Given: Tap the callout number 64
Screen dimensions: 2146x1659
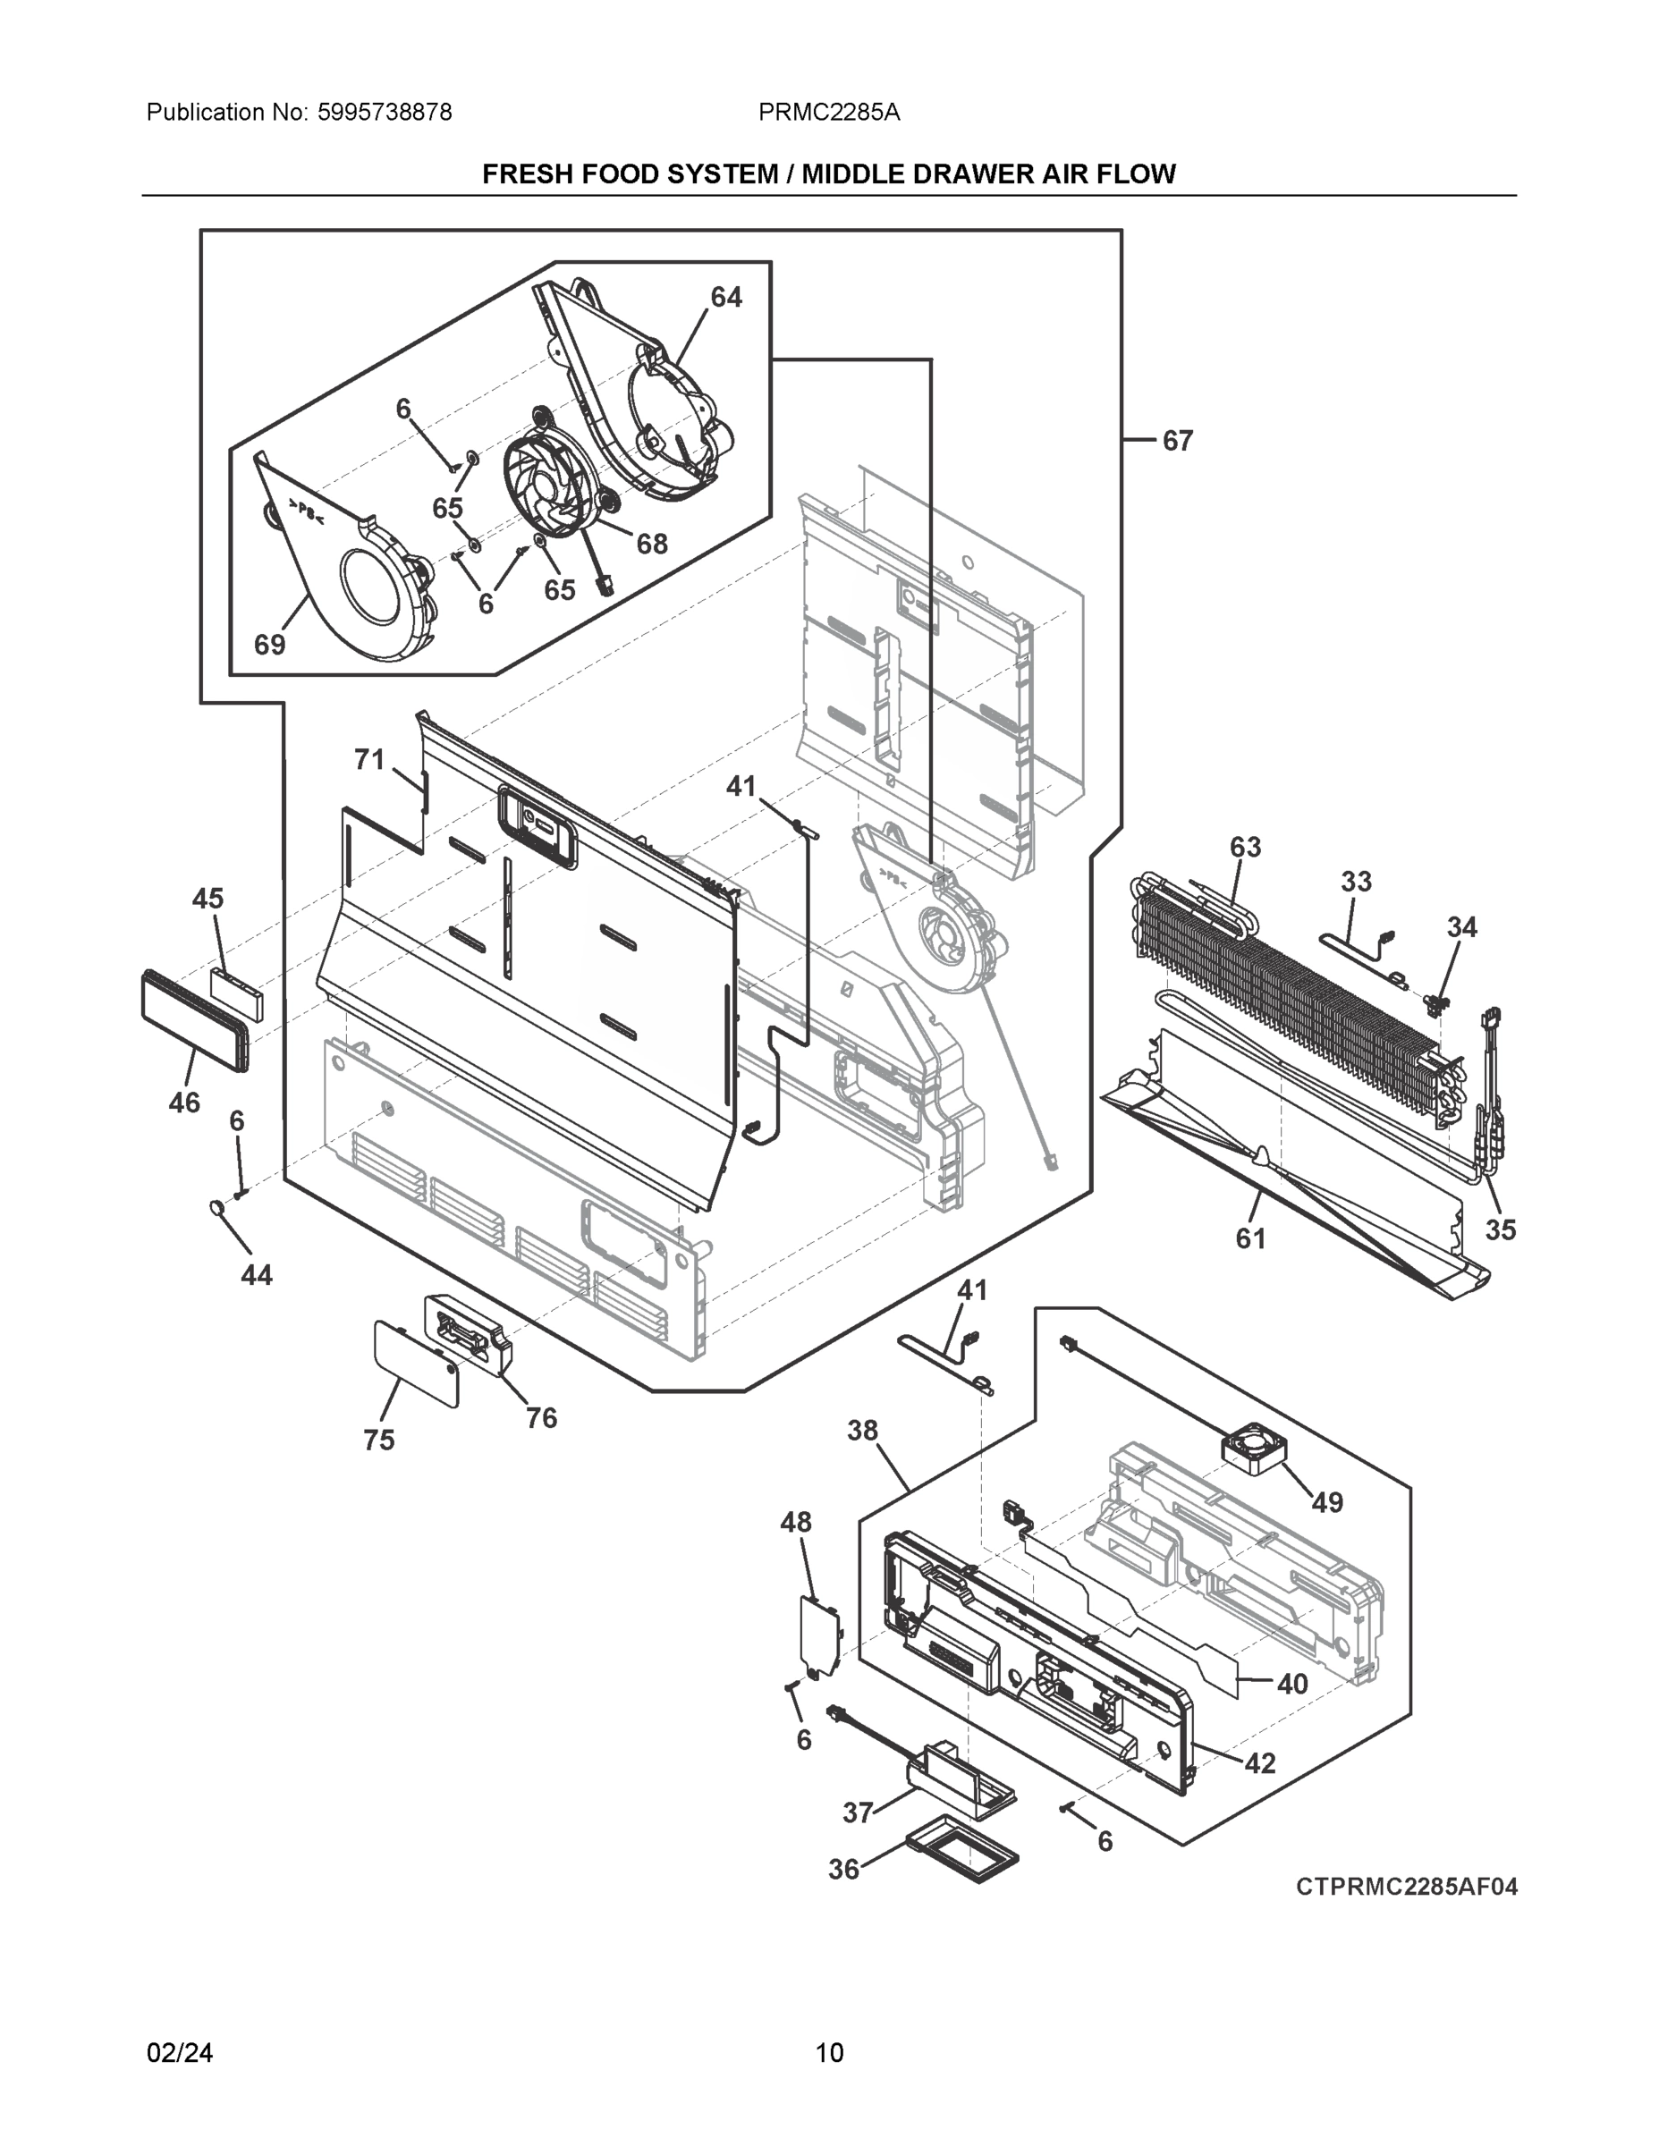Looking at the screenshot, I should [725, 297].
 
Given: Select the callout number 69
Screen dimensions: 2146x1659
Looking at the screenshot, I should [269, 645].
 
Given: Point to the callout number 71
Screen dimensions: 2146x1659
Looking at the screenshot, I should [368, 759].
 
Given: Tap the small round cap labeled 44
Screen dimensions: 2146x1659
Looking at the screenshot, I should [216, 1206].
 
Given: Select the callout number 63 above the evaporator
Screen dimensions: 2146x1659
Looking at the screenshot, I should [1245, 847].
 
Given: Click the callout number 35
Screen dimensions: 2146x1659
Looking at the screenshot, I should [1500, 1229].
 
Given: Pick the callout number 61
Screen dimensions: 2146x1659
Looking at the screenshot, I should [1250, 1239].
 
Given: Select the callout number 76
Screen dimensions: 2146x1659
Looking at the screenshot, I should [540, 1418].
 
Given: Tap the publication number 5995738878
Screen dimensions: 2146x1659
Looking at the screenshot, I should [385, 113].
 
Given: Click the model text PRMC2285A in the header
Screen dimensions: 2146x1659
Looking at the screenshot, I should [828, 113].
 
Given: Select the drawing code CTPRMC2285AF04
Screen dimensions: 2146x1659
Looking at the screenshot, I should [1405, 1887].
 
